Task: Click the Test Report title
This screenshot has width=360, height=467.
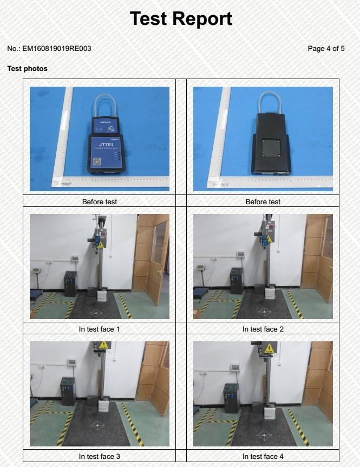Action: tap(181, 19)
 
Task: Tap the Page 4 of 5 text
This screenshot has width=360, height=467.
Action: tap(326, 49)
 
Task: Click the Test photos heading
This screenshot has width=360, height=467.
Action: tap(27, 69)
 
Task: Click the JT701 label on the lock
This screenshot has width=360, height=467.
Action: tap(106, 145)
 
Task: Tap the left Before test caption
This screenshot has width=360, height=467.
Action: tap(99, 202)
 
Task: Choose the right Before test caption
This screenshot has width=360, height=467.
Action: tap(263, 202)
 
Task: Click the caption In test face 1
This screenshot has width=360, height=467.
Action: tap(99, 329)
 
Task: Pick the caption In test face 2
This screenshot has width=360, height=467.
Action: tap(263, 329)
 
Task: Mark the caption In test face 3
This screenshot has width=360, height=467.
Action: tap(99, 457)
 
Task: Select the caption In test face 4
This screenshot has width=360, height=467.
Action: tap(263, 457)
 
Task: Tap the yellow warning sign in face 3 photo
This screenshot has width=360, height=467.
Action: tap(102, 346)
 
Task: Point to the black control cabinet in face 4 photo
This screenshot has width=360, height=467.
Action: tap(231, 398)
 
